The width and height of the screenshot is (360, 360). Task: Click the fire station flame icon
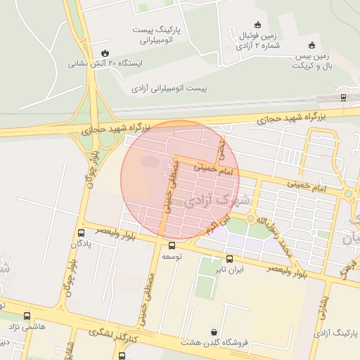click(105, 52)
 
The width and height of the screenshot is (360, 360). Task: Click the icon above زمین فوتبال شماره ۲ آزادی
click(256, 25)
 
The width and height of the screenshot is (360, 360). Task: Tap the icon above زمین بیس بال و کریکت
click(312, 45)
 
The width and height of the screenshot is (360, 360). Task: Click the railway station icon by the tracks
click(342, 97)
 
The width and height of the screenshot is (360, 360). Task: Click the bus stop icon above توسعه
click(172, 245)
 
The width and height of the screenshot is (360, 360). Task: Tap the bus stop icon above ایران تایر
click(229, 259)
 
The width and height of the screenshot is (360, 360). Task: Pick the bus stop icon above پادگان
click(81, 233)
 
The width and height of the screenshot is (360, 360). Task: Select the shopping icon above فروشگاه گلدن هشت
click(214, 331)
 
